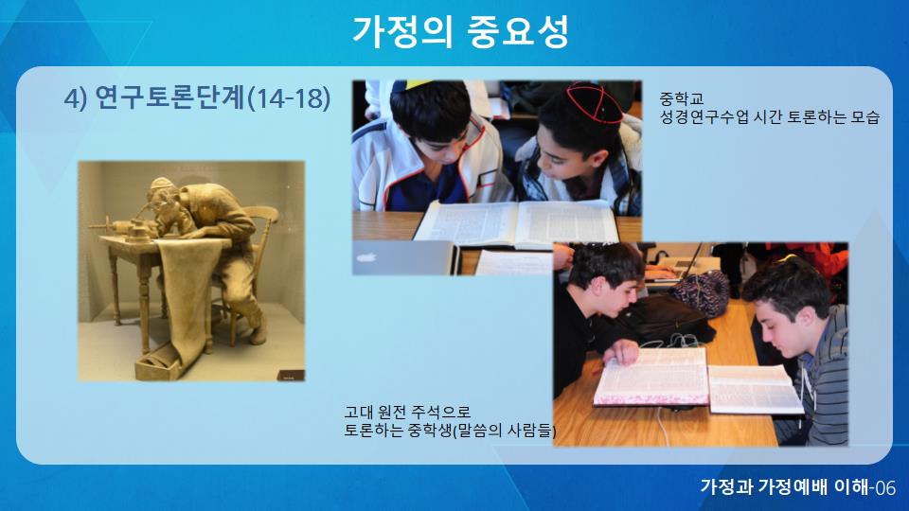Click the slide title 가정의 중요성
460,31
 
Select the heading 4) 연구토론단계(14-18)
197,97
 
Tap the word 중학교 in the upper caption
681,98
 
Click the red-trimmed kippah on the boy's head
594,102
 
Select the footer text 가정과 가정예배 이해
785,486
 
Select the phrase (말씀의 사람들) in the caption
504,431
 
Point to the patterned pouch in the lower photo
702,292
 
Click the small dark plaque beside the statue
291,376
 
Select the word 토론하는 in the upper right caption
816,117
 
